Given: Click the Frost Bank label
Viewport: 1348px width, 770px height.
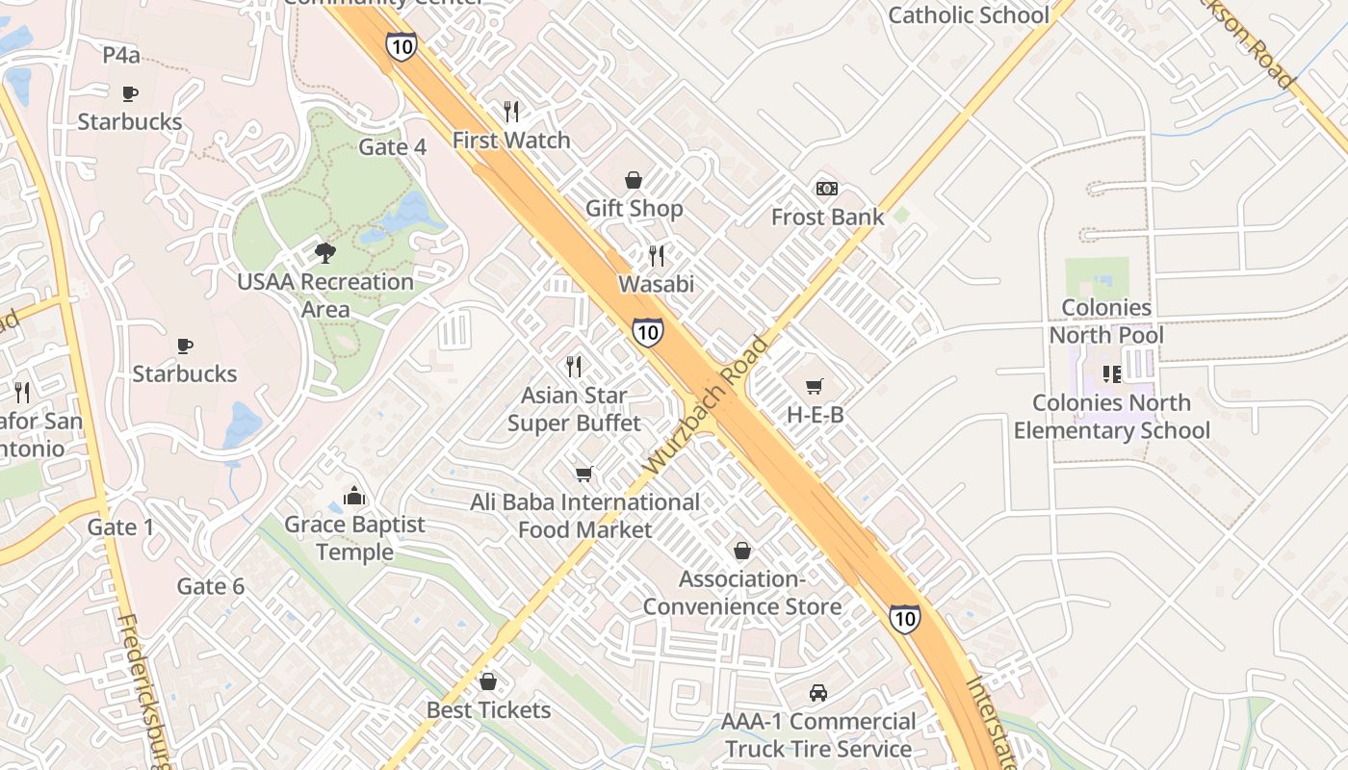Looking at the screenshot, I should click(x=827, y=218).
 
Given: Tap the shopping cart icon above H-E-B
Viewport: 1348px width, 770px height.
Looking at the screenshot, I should click(x=815, y=386).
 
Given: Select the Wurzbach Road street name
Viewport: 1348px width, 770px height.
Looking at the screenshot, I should click(x=706, y=404).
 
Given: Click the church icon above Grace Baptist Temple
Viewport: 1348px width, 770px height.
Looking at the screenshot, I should click(x=354, y=496).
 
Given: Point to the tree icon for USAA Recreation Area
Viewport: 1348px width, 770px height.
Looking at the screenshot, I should click(x=325, y=253).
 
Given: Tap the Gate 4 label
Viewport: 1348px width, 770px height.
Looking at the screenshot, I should click(x=392, y=147).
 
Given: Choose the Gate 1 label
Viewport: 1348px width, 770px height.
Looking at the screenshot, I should click(x=120, y=527).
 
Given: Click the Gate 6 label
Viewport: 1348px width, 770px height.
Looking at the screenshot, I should click(x=210, y=586).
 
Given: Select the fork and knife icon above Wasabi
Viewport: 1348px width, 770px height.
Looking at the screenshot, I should click(x=657, y=255).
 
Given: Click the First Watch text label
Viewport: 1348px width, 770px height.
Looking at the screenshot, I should click(x=511, y=141).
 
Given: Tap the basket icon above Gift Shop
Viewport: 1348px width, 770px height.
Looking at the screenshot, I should click(x=634, y=180).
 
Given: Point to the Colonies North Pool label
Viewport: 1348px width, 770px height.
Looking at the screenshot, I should click(x=1106, y=321).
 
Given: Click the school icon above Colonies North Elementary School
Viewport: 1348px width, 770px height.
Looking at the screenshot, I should click(x=1112, y=373).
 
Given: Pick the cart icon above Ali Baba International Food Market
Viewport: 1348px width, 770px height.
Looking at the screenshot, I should click(x=583, y=474).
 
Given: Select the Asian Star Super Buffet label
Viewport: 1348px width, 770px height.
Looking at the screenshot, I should click(x=574, y=409).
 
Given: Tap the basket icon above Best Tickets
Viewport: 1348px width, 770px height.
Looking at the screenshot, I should click(x=488, y=681).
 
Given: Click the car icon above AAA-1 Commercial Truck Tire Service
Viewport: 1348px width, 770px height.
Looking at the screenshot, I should click(x=817, y=693).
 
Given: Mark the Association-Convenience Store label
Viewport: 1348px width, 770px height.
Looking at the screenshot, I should click(x=741, y=593).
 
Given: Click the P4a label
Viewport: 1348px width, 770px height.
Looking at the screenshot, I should click(x=121, y=56).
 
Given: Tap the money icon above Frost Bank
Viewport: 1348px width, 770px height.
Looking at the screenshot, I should click(x=826, y=189).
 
